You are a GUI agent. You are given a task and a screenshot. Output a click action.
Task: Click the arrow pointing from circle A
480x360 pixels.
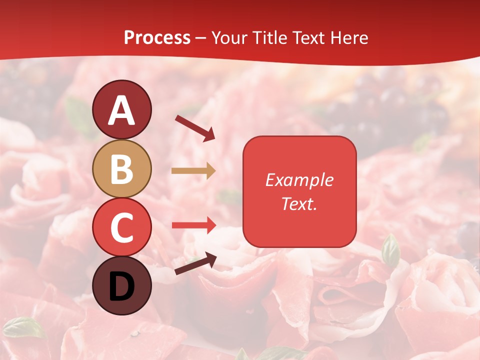[x=194, y=128]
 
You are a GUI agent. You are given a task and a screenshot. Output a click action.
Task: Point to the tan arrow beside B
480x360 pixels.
[x=193, y=171]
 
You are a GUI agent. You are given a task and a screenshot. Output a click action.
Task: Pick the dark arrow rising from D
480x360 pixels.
[x=195, y=263]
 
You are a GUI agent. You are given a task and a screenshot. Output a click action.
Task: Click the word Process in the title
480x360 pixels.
[x=157, y=38]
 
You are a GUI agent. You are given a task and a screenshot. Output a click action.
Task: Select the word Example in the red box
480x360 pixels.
[x=299, y=180]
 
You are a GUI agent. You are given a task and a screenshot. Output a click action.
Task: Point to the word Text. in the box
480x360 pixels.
[x=299, y=204]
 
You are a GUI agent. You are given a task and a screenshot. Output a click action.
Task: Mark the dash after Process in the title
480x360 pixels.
[x=201, y=38]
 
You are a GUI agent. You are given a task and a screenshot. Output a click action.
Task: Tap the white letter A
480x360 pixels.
[x=121, y=111]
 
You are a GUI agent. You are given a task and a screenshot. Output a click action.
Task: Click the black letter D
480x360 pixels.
[x=121, y=287]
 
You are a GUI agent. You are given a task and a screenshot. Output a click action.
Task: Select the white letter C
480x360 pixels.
[x=121, y=228]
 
